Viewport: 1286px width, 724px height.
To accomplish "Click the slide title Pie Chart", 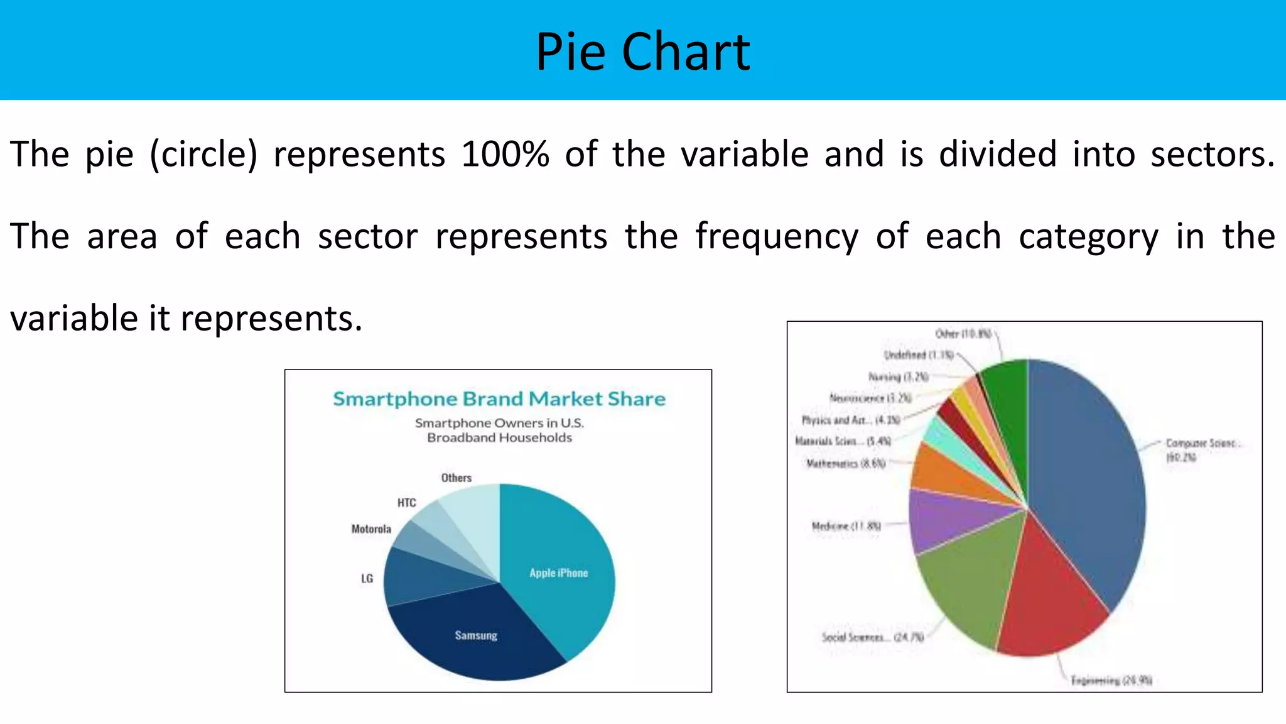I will [642, 52].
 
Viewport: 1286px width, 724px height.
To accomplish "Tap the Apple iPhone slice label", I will [558, 573].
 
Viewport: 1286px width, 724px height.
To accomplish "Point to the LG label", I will [367, 578].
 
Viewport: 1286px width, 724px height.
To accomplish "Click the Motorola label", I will [371, 529].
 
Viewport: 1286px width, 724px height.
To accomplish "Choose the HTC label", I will [407, 503].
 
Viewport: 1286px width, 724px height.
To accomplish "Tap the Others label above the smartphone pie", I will [457, 478].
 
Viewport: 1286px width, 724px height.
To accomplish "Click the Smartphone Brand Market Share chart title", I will [499, 399].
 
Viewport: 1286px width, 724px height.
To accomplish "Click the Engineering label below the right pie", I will [1111, 680].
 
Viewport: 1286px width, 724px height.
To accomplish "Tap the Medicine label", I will [846, 526].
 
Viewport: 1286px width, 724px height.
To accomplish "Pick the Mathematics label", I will [846, 464].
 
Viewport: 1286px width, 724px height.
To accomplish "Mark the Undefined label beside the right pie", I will [919, 355].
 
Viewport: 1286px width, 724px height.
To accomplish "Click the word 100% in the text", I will [505, 155].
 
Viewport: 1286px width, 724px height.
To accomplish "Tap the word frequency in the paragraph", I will [777, 237].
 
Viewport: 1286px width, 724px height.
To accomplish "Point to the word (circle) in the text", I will [203, 155].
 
